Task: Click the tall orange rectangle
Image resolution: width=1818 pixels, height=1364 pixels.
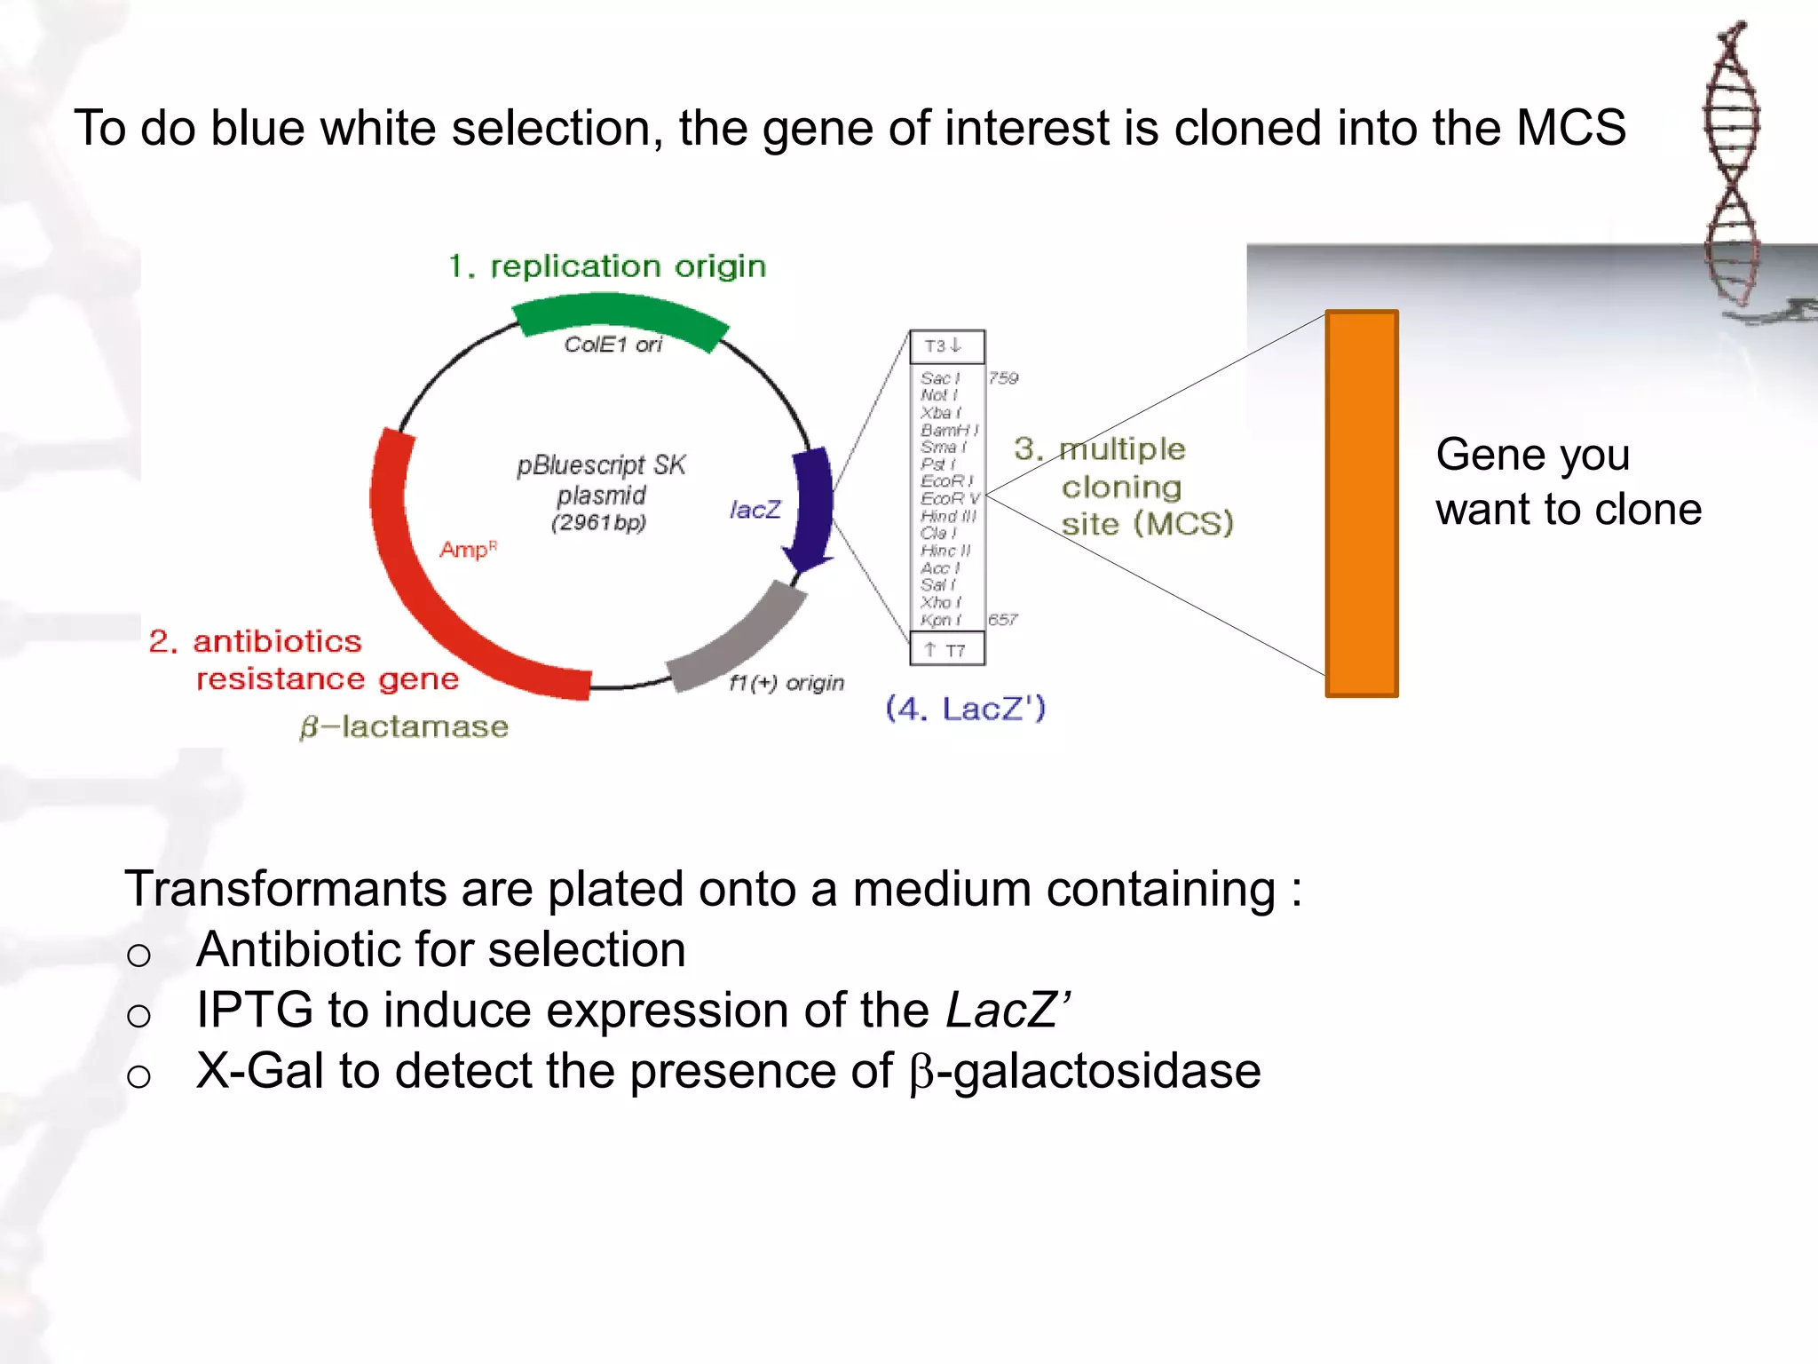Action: click(1361, 504)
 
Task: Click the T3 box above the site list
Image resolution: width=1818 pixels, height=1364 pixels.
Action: click(946, 346)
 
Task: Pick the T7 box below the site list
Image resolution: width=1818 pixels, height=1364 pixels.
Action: click(946, 650)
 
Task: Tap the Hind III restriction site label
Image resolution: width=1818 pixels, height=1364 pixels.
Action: click(948, 516)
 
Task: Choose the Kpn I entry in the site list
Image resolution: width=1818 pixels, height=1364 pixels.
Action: click(940, 620)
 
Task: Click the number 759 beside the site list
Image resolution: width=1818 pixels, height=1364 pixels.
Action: click(1003, 378)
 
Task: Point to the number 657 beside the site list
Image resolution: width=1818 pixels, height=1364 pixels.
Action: click(1003, 620)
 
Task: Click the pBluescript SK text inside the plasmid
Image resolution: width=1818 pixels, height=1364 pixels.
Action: click(601, 465)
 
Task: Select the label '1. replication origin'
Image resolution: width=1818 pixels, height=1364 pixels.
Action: click(606, 266)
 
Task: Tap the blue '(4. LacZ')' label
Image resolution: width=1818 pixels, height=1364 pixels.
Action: click(966, 709)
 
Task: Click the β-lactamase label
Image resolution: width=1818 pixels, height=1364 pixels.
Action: click(404, 727)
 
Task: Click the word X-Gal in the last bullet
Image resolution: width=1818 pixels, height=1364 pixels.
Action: click(259, 1071)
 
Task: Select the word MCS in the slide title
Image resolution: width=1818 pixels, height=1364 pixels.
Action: click(1570, 128)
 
